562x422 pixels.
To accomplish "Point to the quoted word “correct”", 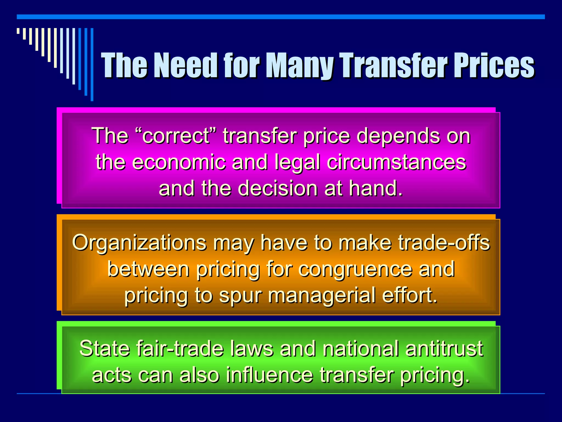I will click(x=176, y=136).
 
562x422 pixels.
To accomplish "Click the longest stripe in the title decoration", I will click(x=92, y=64).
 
